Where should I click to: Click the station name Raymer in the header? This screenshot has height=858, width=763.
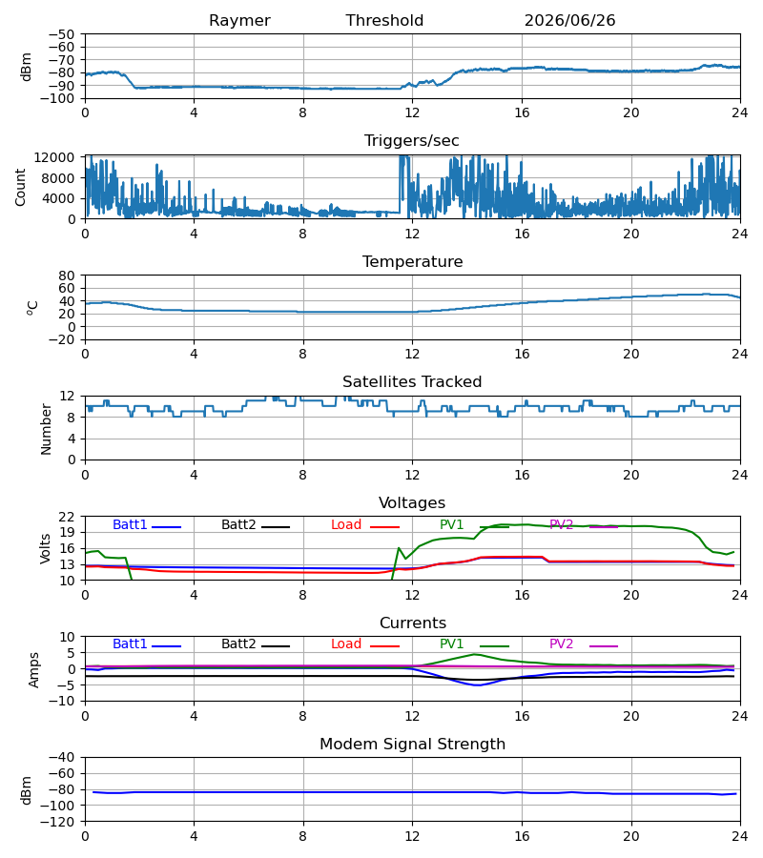pyautogui.click(x=239, y=21)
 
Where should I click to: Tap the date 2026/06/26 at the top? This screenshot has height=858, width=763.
pyautogui.click(x=569, y=20)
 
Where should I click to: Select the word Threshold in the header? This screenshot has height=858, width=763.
pyautogui.click(x=384, y=20)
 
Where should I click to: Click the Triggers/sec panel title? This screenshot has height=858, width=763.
pyautogui.click(x=412, y=141)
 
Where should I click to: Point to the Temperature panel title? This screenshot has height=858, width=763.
pyautogui.click(x=412, y=261)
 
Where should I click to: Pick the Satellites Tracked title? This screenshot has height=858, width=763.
pyautogui.click(x=412, y=382)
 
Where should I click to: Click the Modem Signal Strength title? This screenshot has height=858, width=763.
pyautogui.click(x=412, y=745)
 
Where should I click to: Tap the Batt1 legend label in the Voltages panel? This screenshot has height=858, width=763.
pyautogui.click(x=130, y=524)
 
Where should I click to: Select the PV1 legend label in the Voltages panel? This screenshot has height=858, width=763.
pyautogui.click(x=451, y=524)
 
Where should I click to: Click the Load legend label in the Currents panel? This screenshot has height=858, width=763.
pyautogui.click(x=346, y=644)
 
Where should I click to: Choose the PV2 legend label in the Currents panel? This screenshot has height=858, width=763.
pyautogui.click(x=561, y=644)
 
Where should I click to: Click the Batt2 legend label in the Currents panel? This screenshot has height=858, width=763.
pyautogui.click(x=238, y=644)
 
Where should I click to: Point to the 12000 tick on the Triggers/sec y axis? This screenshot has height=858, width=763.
pyautogui.click(x=54, y=157)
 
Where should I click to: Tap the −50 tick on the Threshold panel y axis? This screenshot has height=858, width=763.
pyautogui.click(x=62, y=34)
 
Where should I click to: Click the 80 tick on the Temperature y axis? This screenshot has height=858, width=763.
pyautogui.click(x=68, y=276)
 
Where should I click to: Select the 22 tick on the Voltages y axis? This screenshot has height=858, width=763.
pyautogui.click(x=68, y=517)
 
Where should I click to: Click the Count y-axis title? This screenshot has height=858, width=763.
pyautogui.click(x=21, y=187)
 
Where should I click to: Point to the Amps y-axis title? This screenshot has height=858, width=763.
pyautogui.click(x=34, y=670)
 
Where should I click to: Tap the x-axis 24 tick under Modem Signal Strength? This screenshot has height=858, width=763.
pyautogui.click(x=740, y=837)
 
